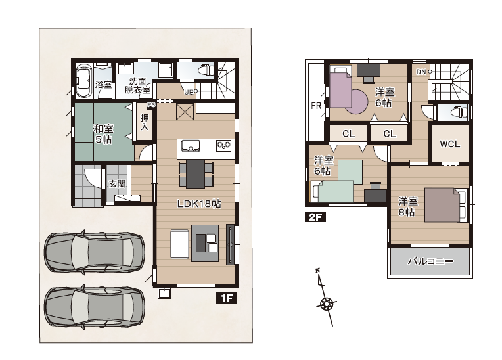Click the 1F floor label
click(227, 298)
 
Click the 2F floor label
click(315, 217)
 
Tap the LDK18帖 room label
click(199, 204)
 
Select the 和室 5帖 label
click(103, 134)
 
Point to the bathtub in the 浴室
click(84, 81)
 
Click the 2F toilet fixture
click(459, 112)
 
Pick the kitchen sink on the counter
click(191, 146)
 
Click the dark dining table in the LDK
click(196, 173)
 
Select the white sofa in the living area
click(179, 244)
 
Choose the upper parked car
click(95, 252)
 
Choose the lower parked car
click(95, 307)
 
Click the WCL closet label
click(450, 144)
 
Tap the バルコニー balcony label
click(430, 261)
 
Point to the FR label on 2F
click(316, 106)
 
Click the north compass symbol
click(327, 298)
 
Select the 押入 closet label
click(145, 122)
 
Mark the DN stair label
click(421, 72)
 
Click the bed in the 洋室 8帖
click(445, 205)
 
